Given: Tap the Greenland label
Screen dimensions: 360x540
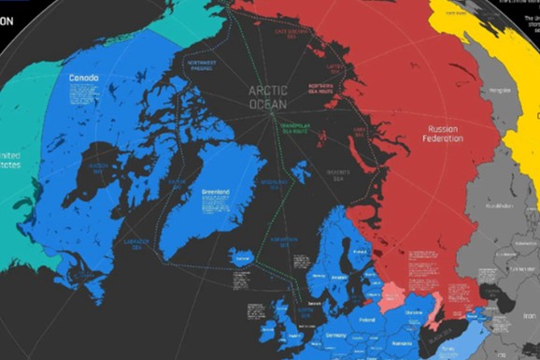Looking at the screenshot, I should (x=216, y=195).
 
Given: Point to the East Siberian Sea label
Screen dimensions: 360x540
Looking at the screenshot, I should (x=294, y=32).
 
